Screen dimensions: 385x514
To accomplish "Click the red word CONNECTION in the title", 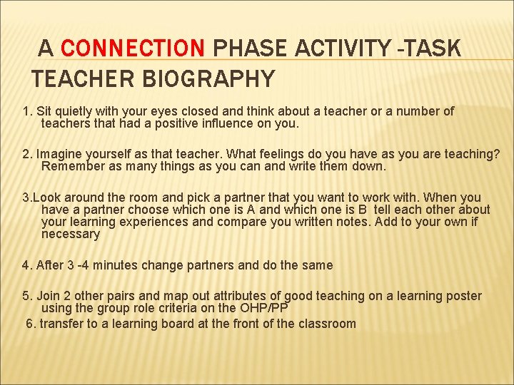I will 133,48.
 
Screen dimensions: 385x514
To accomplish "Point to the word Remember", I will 72,166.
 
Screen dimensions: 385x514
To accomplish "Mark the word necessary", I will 71,234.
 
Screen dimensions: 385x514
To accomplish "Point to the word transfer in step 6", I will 62,324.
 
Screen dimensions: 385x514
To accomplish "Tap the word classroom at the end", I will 326,324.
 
